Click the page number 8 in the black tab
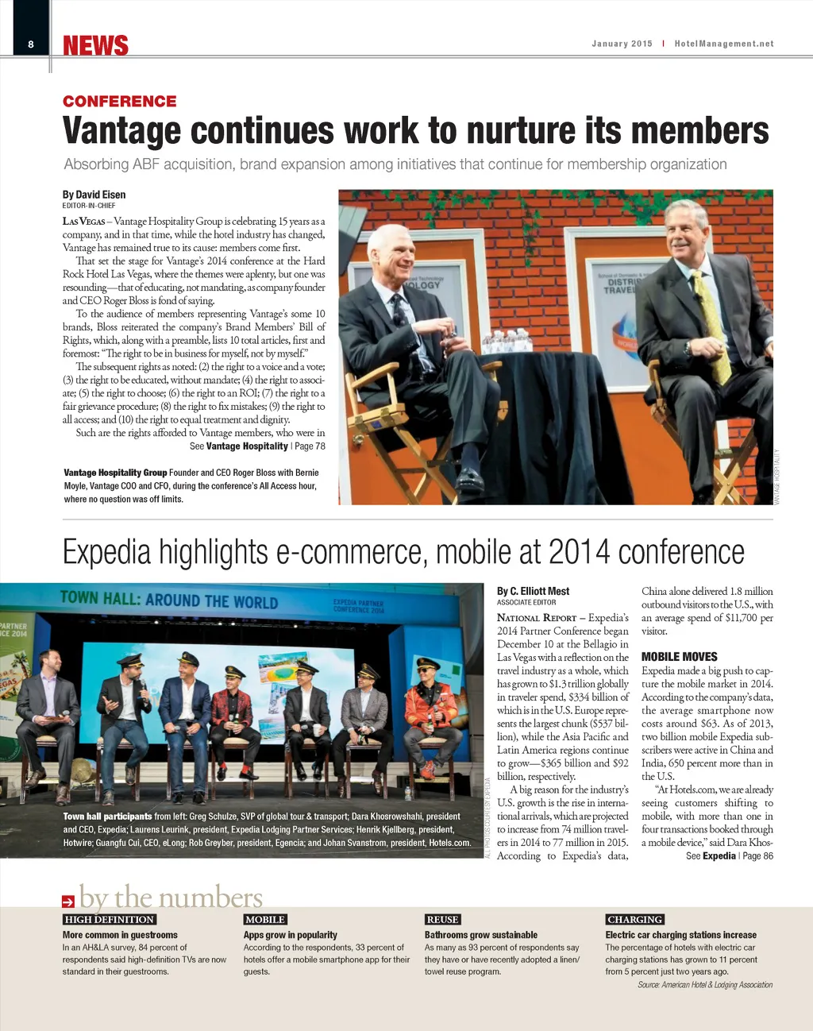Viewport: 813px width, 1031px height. pos(31,44)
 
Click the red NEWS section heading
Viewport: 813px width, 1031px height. pos(95,46)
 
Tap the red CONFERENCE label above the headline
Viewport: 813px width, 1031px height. pos(120,102)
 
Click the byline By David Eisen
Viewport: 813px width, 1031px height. pos(94,195)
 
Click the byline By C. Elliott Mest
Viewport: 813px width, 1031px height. pos(533,591)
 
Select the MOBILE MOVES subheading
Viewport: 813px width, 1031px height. pos(679,657)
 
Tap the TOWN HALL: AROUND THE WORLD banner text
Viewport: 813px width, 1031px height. pos(169,600)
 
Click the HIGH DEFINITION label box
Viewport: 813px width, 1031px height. pos(110,919)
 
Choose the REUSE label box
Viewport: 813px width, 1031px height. pos(442,919)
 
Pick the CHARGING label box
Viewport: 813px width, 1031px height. pos(634,919)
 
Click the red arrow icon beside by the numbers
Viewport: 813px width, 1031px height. pos(68,901)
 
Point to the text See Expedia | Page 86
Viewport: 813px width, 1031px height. pos(729,856)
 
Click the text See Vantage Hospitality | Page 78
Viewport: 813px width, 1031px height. pos(257,446)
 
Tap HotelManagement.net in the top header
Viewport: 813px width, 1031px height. pos(723,44)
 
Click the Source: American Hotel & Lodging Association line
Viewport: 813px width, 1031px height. pos(704,985)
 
